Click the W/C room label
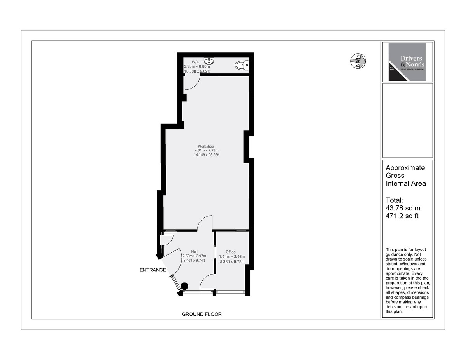pyautogui.click(x=196, y=62)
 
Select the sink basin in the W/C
pyautogui.click(x=210, y=61)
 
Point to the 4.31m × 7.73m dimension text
pyautogui.click(x=207, y=150)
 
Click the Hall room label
pyautogui.click(x=194, y=252)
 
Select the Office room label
pyautogui.click(x=231, y=252)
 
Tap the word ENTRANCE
pyautogui.click(x=153, y=270)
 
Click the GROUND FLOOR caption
pyautogui.click(x=202, y=314)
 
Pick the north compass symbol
pyautogui.click(x=358, y=61)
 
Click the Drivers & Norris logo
pyautogui.click(x=407, y=62)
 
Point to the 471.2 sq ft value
pyautogui.click(x=402, y=216)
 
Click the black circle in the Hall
pyautogui.click(x=184, y=286)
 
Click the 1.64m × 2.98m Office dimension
pyautogui.click(x=232, y=257)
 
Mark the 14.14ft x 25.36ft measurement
pyautogui.click(x=207, y=155)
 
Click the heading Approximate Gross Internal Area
pyautogui.click(x=405, y=176)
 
